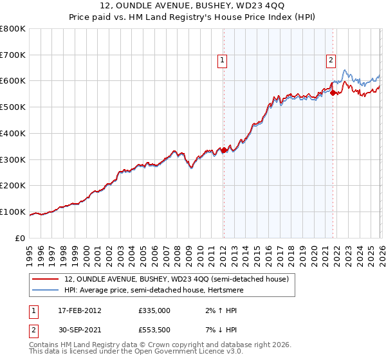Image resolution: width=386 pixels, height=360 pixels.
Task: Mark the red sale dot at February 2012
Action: pos(224,150)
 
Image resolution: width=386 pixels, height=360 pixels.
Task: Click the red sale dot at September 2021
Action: pos(333,93)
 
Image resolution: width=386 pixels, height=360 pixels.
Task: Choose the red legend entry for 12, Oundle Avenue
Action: pos(179,280)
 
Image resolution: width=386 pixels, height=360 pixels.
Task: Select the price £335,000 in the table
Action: pos(154,310)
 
